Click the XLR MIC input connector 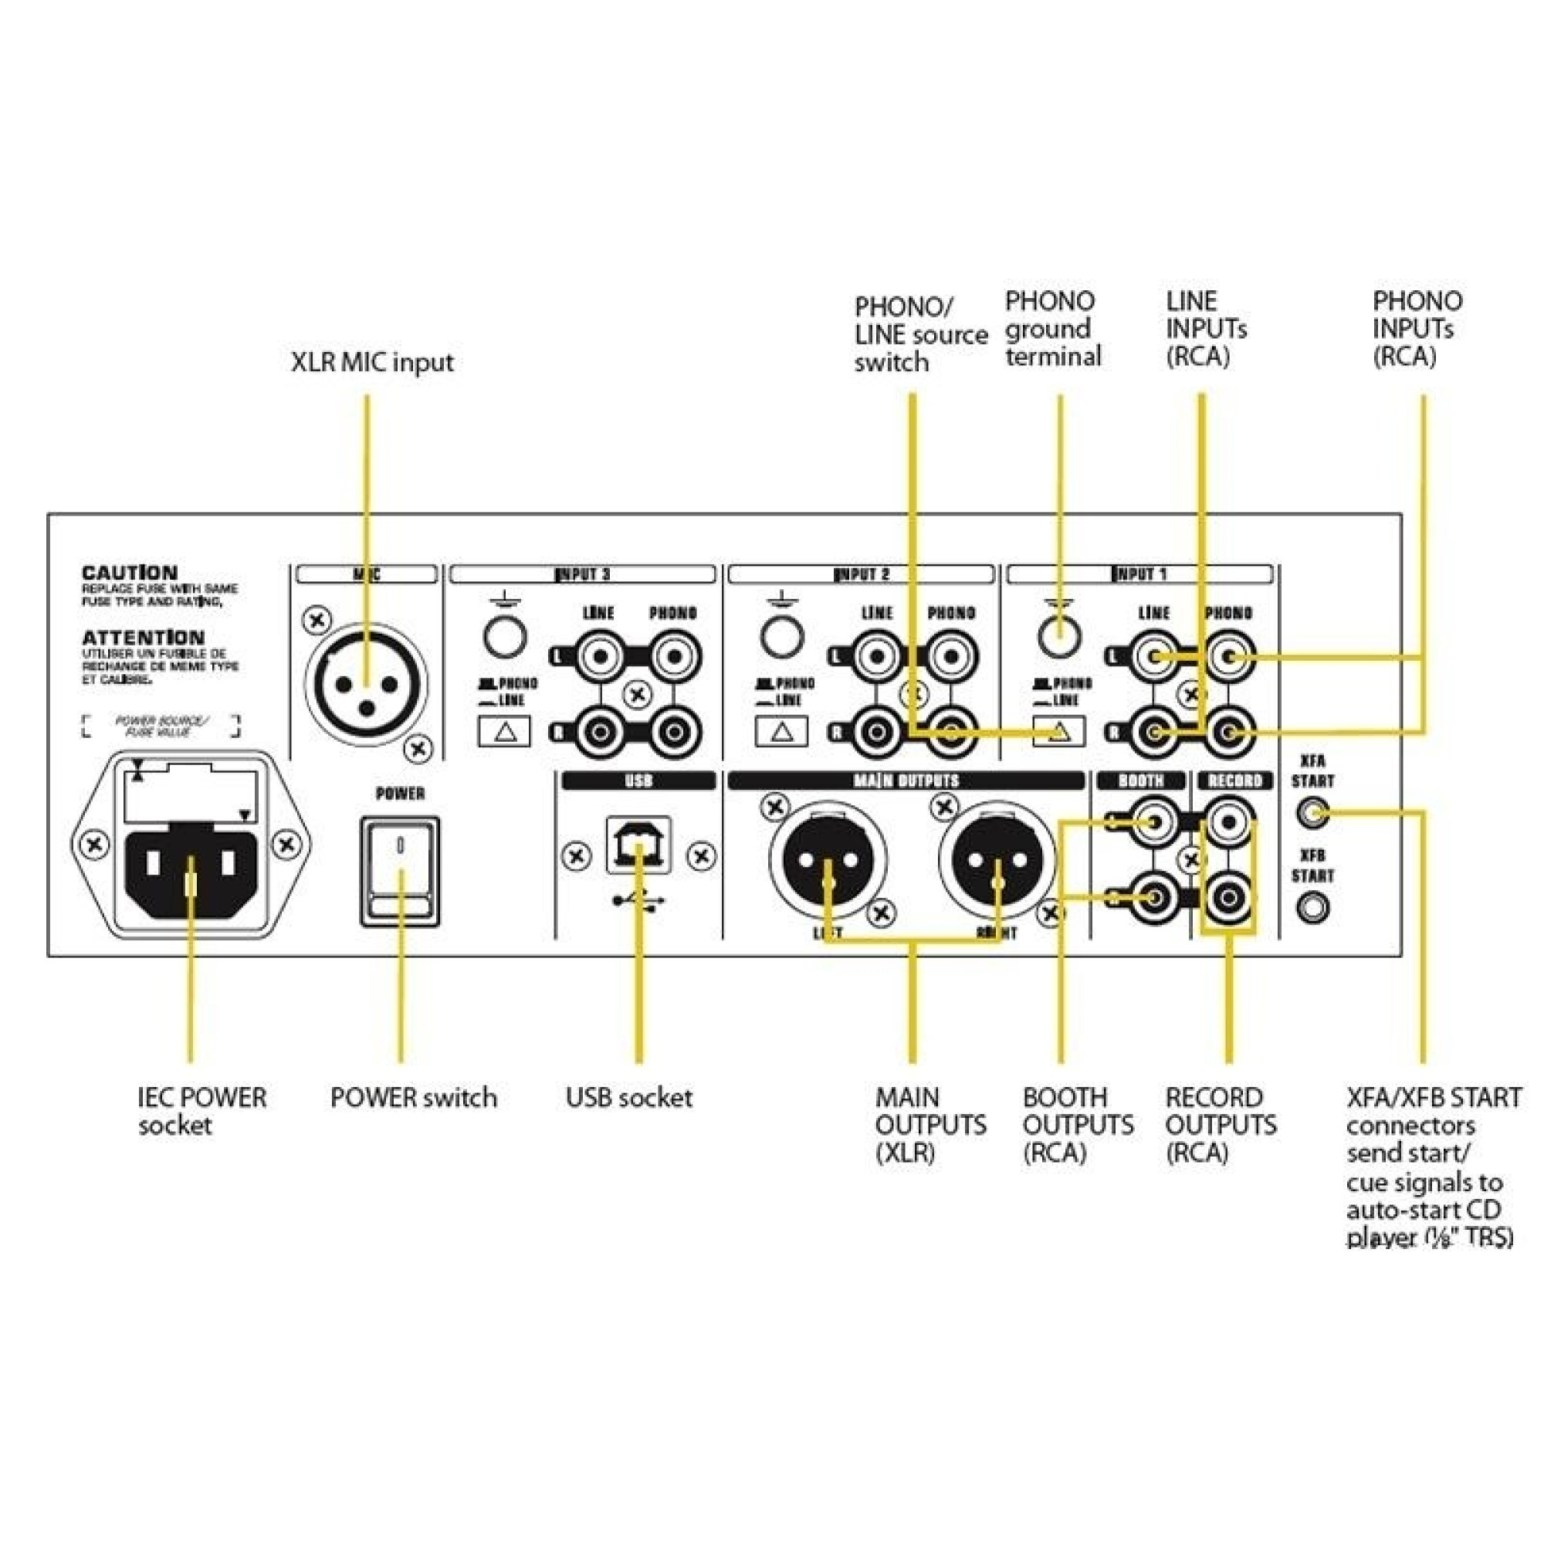pos(366,686)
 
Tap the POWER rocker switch pos(400,871)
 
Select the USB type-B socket pos(638,845)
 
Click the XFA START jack pos(1312,814)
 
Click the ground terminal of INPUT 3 pos(504,637)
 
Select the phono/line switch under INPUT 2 pos(781,731)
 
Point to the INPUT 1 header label pos(1139,574)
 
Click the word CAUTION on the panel pos(130,573)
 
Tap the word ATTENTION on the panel pos(143,638)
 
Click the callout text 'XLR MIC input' pos(371,362)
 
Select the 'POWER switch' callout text pos(413,1097)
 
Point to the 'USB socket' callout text pos(629,1097)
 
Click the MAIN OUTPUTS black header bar pos(906,780)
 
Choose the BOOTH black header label pos(1140,780)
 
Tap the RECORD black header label pos(1234,780)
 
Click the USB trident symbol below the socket pos(638,901)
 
